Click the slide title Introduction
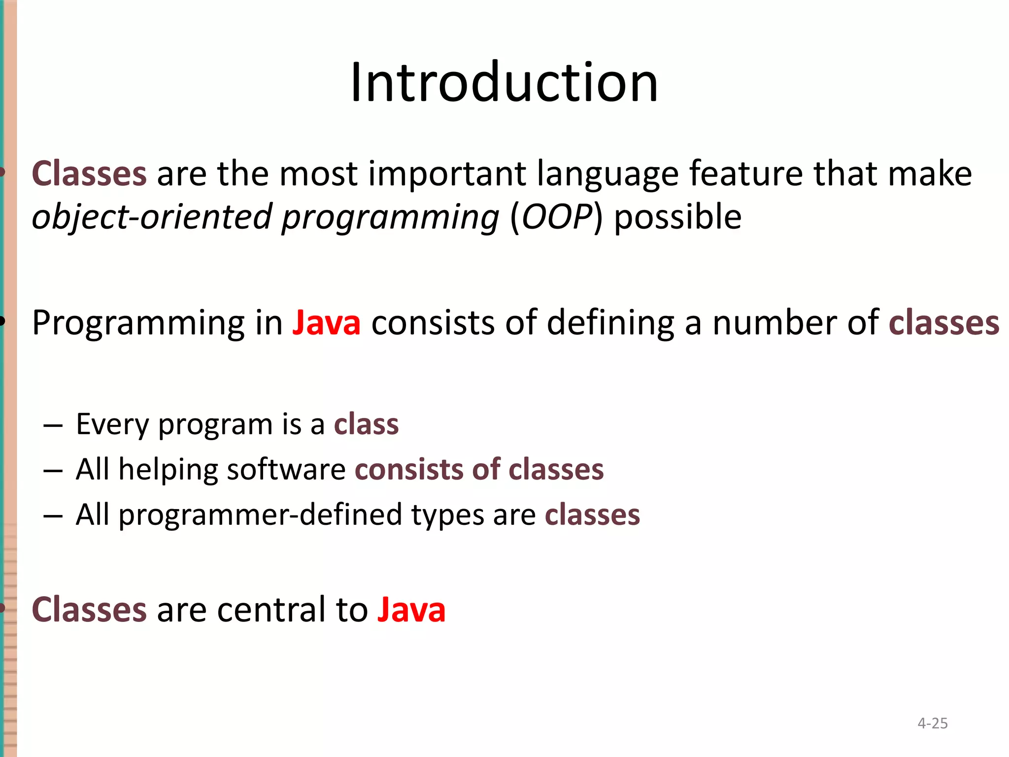[504, 82]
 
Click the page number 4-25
[932, 723]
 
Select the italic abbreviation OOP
[556, 217]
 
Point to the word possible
[677, 217]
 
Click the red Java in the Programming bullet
[326, 323]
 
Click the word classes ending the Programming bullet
[944, 323]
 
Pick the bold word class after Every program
[366, 424]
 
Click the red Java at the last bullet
[411, 610]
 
